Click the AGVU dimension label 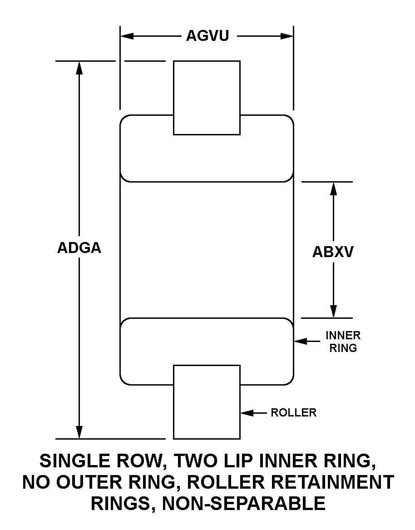click(207, 36)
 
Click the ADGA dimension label click(79, 248)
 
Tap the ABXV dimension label click(333, 252)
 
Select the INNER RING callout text click(343, 342)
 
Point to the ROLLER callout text click(293, 413)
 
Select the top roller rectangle click(207, 97)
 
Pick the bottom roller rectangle click(207, 401)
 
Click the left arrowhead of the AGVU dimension click(126, 36)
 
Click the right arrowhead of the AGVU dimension click(287, 36)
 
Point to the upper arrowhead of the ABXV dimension click(334, 188)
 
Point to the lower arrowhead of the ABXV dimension click(334, 311)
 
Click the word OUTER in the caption click(88, 482)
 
